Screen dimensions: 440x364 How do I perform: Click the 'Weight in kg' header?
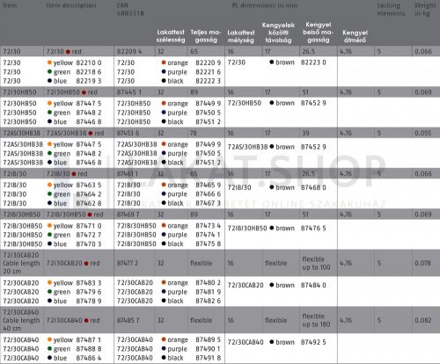[x=426, y=9]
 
